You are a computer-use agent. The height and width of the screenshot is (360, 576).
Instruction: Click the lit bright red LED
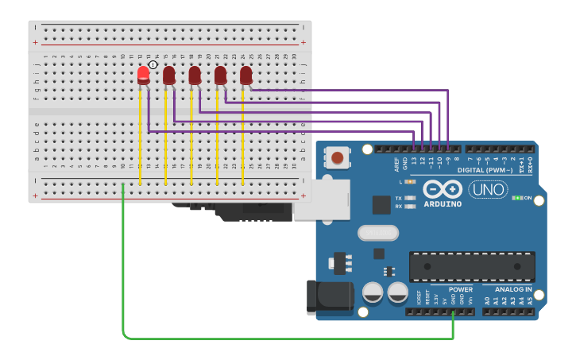click(143, 75)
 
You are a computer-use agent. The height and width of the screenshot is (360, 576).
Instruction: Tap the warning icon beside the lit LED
click(153, 64)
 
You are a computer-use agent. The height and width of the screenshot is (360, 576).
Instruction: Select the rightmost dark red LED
click(245, 75)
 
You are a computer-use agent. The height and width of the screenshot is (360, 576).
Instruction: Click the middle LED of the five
click(195, 75)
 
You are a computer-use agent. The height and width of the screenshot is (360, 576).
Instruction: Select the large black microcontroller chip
click(472, 266)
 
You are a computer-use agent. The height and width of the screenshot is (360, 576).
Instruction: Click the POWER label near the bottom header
click(460, 289)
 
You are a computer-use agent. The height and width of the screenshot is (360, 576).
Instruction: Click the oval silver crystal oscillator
click(377, 233)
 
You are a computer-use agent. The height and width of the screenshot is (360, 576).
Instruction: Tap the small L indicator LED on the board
click(410, 182)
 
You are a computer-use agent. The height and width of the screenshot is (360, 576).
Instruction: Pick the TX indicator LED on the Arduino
click(410, 197)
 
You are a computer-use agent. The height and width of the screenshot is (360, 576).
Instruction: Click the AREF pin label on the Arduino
click(396, 164)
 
